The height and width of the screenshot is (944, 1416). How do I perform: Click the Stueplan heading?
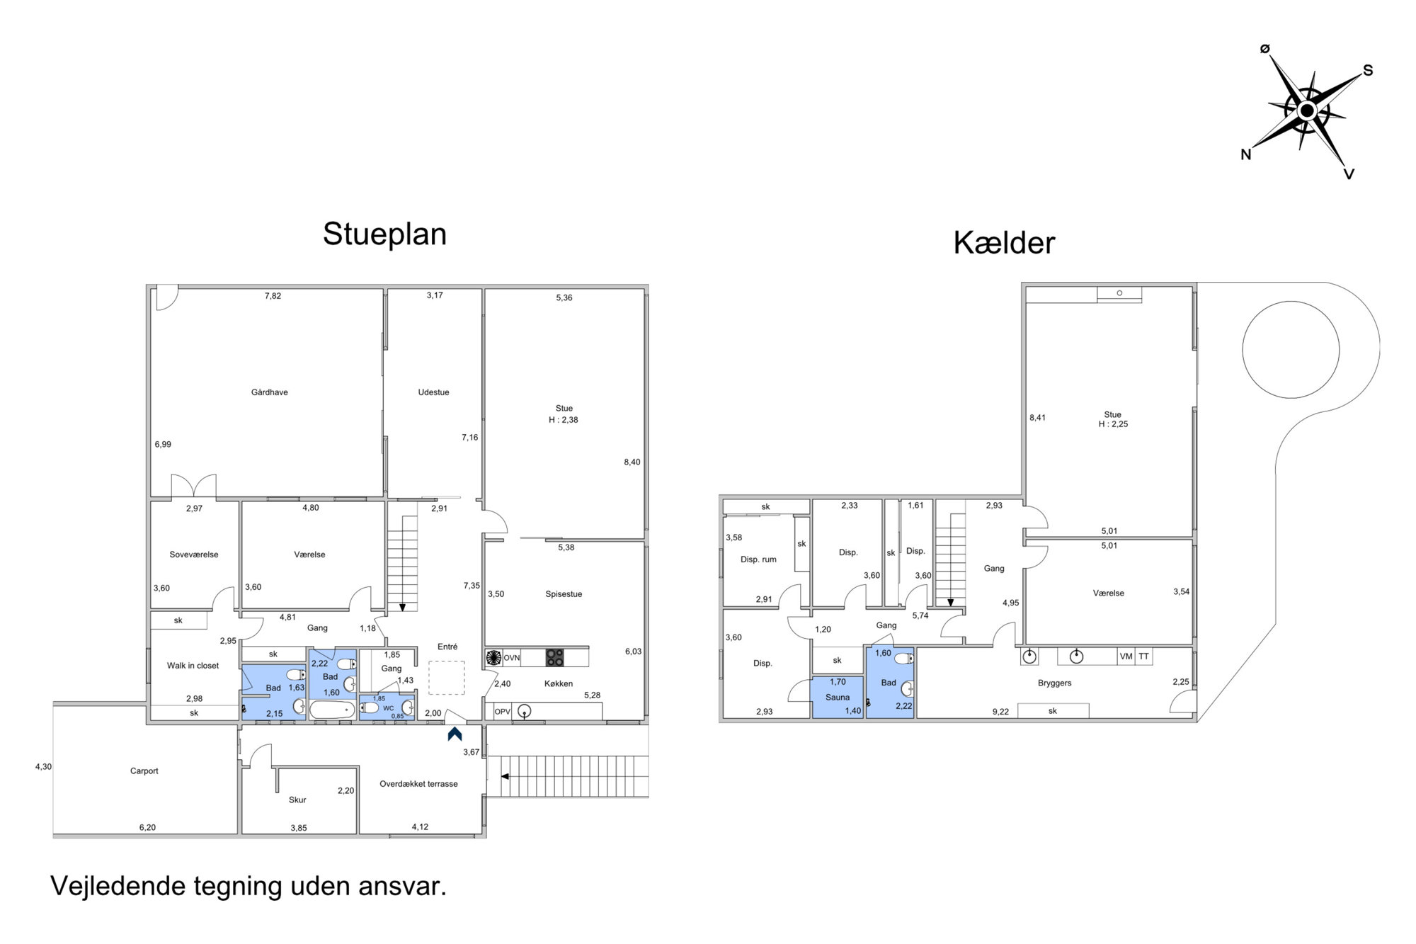[384, 234]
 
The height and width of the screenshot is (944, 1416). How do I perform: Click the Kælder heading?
[1004, 243]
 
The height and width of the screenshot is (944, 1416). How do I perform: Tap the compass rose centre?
[1307, 111]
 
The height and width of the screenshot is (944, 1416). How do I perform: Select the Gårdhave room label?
[270, 392]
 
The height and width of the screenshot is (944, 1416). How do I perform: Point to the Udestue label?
[433, 392]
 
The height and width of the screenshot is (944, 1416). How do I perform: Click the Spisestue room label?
[564, 594]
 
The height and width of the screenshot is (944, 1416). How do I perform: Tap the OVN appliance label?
[511, 658]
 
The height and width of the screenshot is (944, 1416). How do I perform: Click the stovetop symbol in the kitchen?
[555, 658]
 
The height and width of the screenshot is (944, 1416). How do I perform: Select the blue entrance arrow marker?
[455, 734]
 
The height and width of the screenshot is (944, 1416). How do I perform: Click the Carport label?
[144, 771]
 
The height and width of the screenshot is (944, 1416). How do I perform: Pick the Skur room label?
[297, 800]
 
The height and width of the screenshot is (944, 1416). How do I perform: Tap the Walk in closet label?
[193, 666]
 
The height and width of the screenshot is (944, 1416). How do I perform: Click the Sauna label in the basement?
[838, 698]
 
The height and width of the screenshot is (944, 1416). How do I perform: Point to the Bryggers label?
[1055, 683]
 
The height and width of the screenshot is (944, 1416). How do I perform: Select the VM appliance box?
[1126, 656]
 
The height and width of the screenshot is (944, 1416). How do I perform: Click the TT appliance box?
[1143, 656]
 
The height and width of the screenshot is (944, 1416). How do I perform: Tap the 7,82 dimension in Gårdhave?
[273, 296]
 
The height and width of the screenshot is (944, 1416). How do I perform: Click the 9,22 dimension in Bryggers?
[1000, 712]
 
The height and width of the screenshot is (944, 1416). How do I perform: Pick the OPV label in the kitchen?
[502, 712]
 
